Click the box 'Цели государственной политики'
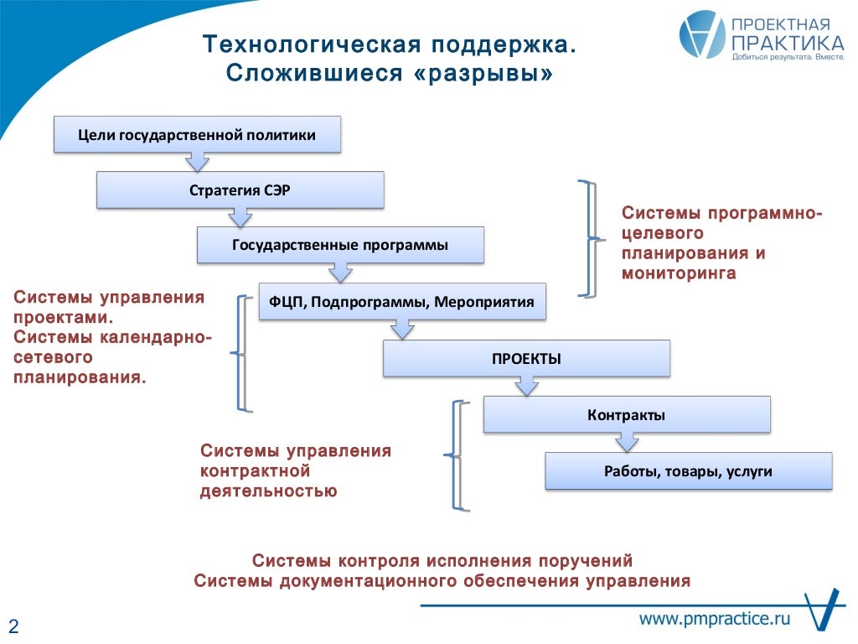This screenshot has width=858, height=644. click(197, 135)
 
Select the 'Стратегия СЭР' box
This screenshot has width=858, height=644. click(240, 190)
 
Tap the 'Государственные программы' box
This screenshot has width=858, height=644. click(340, 245)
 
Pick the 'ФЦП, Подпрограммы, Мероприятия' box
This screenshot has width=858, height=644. click(402, 301)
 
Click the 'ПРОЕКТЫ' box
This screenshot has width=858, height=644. click(526, 358)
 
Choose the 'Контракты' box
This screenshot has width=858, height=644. click(627, 414)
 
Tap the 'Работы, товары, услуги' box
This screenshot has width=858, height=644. click(688, 471)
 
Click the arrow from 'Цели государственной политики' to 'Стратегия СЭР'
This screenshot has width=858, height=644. click(197, 161)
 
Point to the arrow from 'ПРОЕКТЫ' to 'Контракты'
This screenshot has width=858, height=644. click(526, 386)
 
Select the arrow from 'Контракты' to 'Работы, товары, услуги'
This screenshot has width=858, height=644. click(627, 442)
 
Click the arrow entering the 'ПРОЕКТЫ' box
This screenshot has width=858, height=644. click(403, 330)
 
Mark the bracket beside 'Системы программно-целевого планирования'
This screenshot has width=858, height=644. click(590, 239)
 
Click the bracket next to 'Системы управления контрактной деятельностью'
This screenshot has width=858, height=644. click(457, 455)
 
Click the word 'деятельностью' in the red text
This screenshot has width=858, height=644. click(268, 491)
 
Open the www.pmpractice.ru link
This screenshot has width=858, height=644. click(716, 619)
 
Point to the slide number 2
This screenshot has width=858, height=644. click(13, 626)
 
